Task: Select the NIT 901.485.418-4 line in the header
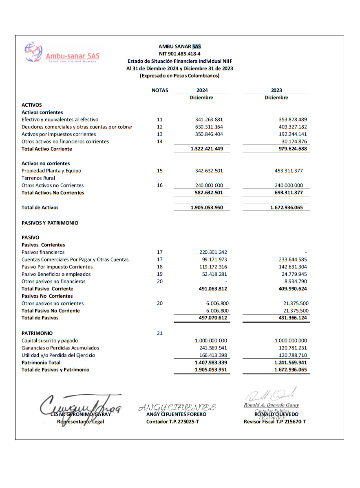[x=179, y=54]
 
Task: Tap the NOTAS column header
[x=160, y=90]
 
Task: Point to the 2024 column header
[x=202, y=90]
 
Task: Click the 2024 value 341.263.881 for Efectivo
[x=209, y=120]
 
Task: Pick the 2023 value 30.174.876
[x=292, y=142]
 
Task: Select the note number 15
[x=160, y=171]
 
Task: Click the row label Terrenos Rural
[x=38, y=178]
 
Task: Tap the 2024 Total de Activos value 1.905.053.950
[x=207, y=208]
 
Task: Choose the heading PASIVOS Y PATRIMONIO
[x=50, y=223]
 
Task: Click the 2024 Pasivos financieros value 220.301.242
[x=211, y=253]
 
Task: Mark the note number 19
[x=160, y=275]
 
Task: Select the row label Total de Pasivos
[x=40, y=318]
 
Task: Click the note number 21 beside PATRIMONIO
[x=160, y=333]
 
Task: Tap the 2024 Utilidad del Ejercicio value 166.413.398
[x=211, y=355]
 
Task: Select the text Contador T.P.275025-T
[x=172, y=422]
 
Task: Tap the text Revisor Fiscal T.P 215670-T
[x=275, y=422]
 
